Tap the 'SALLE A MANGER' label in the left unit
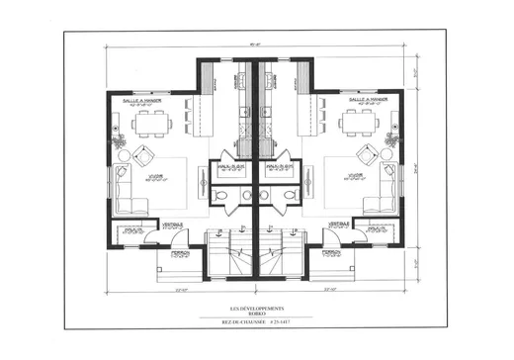point(143,101)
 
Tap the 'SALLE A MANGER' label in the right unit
point(368,101)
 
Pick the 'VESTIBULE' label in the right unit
point(338,224)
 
